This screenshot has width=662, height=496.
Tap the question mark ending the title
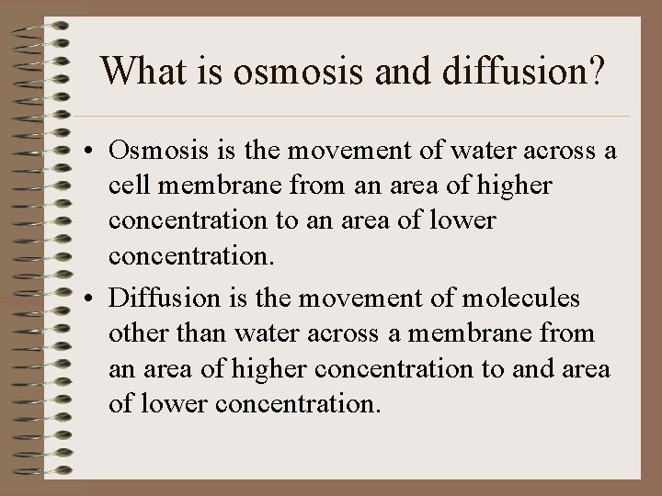[595, 72]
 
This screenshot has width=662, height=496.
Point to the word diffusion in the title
[511, 72]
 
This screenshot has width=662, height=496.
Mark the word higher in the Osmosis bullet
[513, 186]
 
